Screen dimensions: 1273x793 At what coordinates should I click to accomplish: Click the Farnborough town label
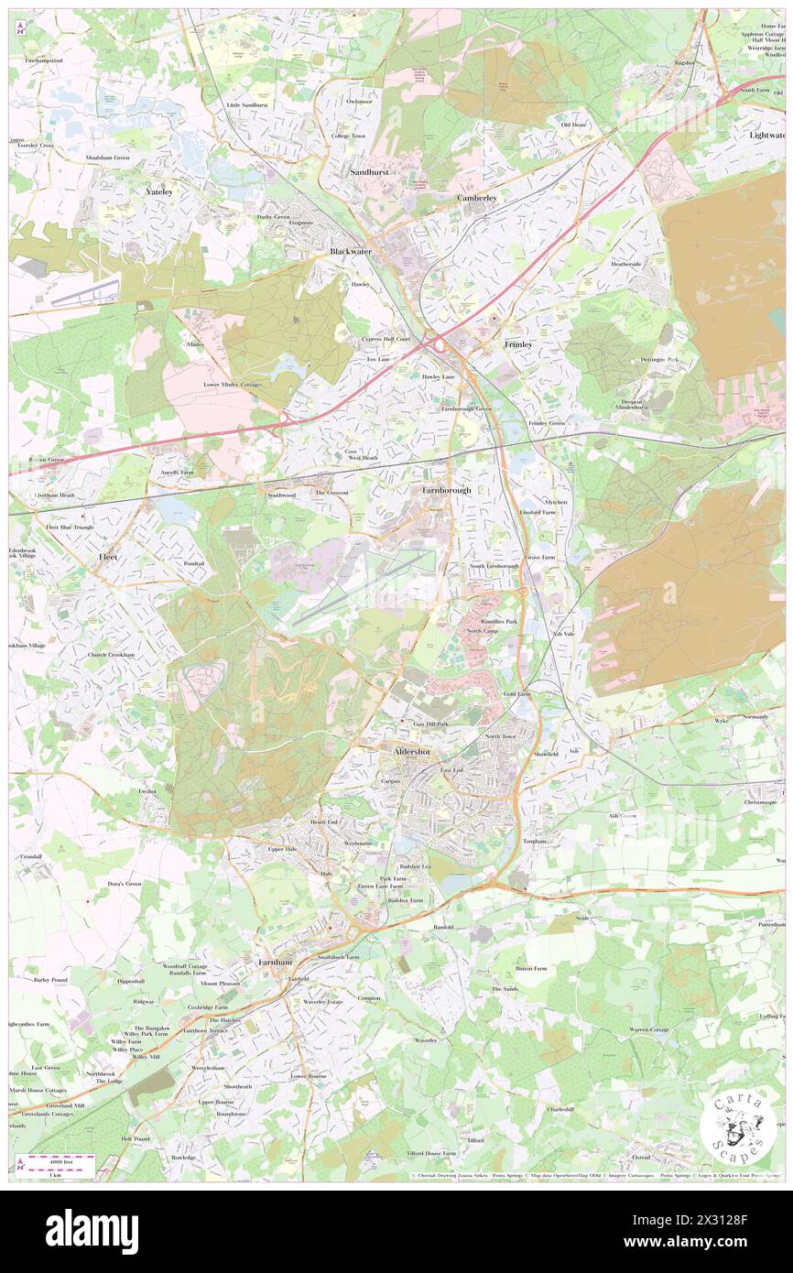[447, 490]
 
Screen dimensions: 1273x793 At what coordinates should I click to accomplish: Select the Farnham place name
[275, 963]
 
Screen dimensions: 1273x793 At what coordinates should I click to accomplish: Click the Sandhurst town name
[371, 171]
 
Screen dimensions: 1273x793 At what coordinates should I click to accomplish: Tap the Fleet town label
[108, 557]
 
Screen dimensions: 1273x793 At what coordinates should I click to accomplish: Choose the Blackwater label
[351, 250]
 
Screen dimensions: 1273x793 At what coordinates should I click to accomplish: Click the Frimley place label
[518, 343]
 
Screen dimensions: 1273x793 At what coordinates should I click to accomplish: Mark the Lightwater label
[767, 135]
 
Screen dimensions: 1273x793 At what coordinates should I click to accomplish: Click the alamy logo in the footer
[92, 1231]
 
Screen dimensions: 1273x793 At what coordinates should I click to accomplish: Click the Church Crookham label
[111, 655]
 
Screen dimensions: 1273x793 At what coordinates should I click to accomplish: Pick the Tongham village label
[534, 841]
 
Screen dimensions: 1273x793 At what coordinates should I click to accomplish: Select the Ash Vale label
[562, 633]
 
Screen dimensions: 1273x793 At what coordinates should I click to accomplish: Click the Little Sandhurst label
[247, 105]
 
